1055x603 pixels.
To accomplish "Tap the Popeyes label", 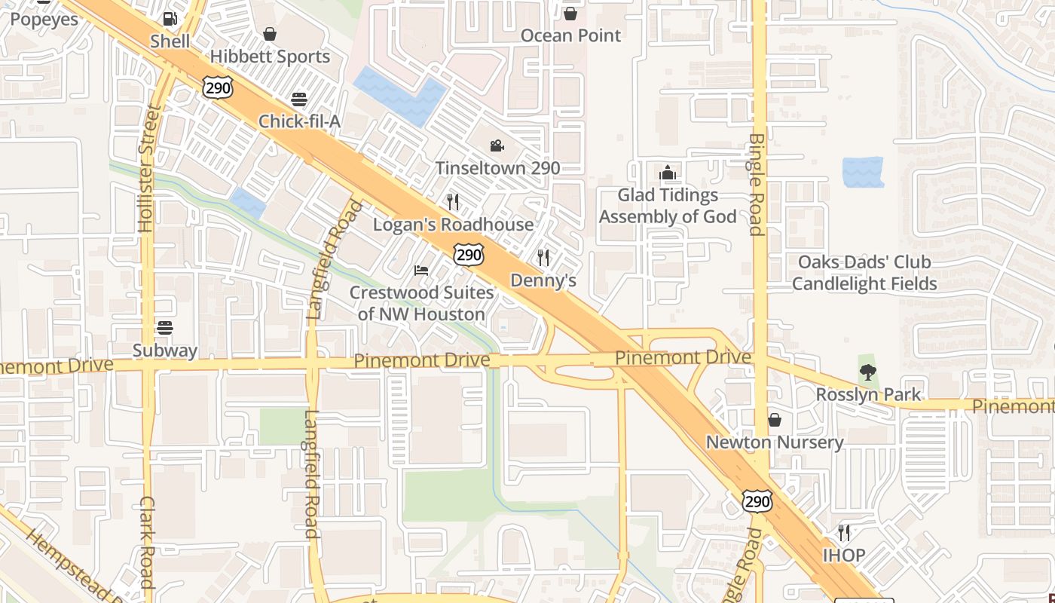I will coord(44,20).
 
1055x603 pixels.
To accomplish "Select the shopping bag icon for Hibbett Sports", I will coord(270,34).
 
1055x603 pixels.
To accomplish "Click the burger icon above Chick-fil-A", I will coord(299,99).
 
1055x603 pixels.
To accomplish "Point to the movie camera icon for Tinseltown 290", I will coord(497,145).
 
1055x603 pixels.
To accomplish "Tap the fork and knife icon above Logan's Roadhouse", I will coord(453,201).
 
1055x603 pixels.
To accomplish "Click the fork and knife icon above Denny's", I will coord(543,258).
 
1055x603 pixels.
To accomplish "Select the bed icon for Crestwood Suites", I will coord(421,270).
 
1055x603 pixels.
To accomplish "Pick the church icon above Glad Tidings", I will coord(667,173).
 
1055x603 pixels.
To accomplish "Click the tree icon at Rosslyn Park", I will coord(868,372).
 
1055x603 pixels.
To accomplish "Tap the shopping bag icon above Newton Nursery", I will coord(774,420).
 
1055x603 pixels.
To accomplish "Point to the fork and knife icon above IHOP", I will coord(843,533).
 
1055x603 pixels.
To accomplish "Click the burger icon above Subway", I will coord(165,328).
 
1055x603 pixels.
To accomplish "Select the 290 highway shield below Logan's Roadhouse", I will coord(468,255).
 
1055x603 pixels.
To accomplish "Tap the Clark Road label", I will coord(147,543).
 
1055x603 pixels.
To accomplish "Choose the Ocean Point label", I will coord(571,35).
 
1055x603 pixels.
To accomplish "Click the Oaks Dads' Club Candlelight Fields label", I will coord(864,273).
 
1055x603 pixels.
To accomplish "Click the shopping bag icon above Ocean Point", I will coord(570,14).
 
